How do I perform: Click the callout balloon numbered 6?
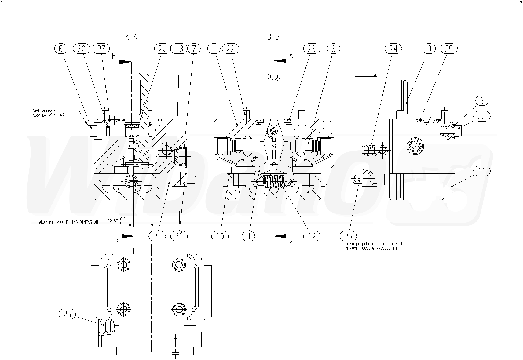61,49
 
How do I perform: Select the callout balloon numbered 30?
82,49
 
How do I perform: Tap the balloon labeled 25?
67,314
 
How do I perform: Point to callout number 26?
348,236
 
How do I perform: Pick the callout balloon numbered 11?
482,171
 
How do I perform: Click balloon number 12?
312,236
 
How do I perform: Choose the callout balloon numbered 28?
312,49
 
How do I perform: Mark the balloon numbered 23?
482,116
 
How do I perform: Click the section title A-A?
131,37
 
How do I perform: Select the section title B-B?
273,37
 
